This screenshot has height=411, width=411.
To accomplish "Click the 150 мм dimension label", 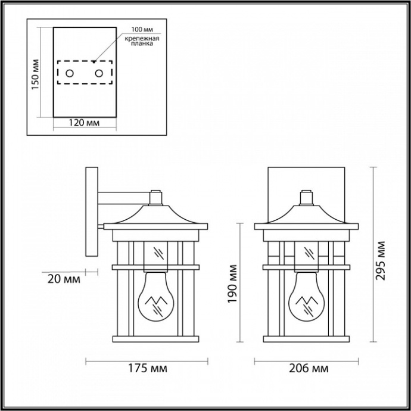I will (35, 75).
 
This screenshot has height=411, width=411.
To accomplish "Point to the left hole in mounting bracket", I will (70, 74).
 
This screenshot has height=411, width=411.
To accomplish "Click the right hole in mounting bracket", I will (99, 74).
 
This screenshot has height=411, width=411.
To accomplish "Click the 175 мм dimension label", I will (147, 368).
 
